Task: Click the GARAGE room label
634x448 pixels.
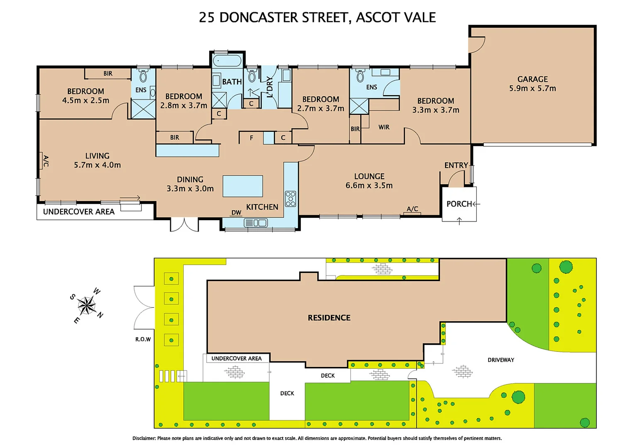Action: [x=532, y=79]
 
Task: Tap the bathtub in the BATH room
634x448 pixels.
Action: [x=227, y=61]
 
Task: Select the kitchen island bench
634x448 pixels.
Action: [x=243, y=186]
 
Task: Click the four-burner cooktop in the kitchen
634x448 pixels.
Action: [x=290, y=199]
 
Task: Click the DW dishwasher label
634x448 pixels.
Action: [x=236, y=212]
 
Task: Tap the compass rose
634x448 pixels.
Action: [x=87, y=306]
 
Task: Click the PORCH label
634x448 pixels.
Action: [x=459, y=204]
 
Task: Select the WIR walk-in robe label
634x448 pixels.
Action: [x=384, y=127]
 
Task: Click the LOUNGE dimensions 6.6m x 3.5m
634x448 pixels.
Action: [x=369, y=185]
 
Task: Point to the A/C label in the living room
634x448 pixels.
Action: [x=46, y=161]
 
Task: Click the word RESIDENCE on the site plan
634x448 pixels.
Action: [x=329, y=318]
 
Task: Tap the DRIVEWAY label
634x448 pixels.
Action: [x=500, y=360]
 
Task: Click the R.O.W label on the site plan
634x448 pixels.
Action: [x=143, y=339]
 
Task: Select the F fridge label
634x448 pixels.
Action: [x=251, y=138]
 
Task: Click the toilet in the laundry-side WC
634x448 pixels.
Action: [x=252, y=76]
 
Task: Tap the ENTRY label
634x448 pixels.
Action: [x=456, y=165]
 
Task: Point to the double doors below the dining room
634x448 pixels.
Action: [x=184, y=225]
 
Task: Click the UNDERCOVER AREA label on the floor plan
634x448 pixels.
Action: [x=79, y=212]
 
